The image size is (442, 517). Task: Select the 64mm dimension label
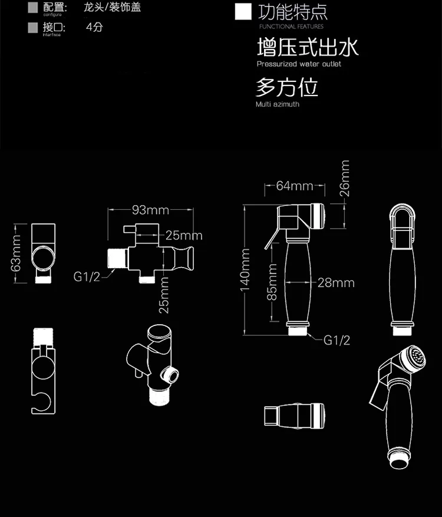(x=295, y=186)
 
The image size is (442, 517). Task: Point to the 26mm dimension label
(x=345, y=178)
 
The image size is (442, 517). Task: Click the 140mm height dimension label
(x=245, y=274)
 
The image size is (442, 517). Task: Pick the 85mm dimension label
(x=272, y=281)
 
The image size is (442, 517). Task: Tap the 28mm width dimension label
(x=336, y=282)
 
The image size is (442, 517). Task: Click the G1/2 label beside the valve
(x=87, y=276)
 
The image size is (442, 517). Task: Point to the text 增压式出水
(x=307, y=47)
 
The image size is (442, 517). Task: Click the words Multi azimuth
(x=277, y=104)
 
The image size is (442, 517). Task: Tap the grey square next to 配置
(x=33, y=8)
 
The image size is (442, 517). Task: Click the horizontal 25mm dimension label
(x=183, y=235)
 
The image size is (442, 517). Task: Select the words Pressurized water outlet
(x=298, y=64)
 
